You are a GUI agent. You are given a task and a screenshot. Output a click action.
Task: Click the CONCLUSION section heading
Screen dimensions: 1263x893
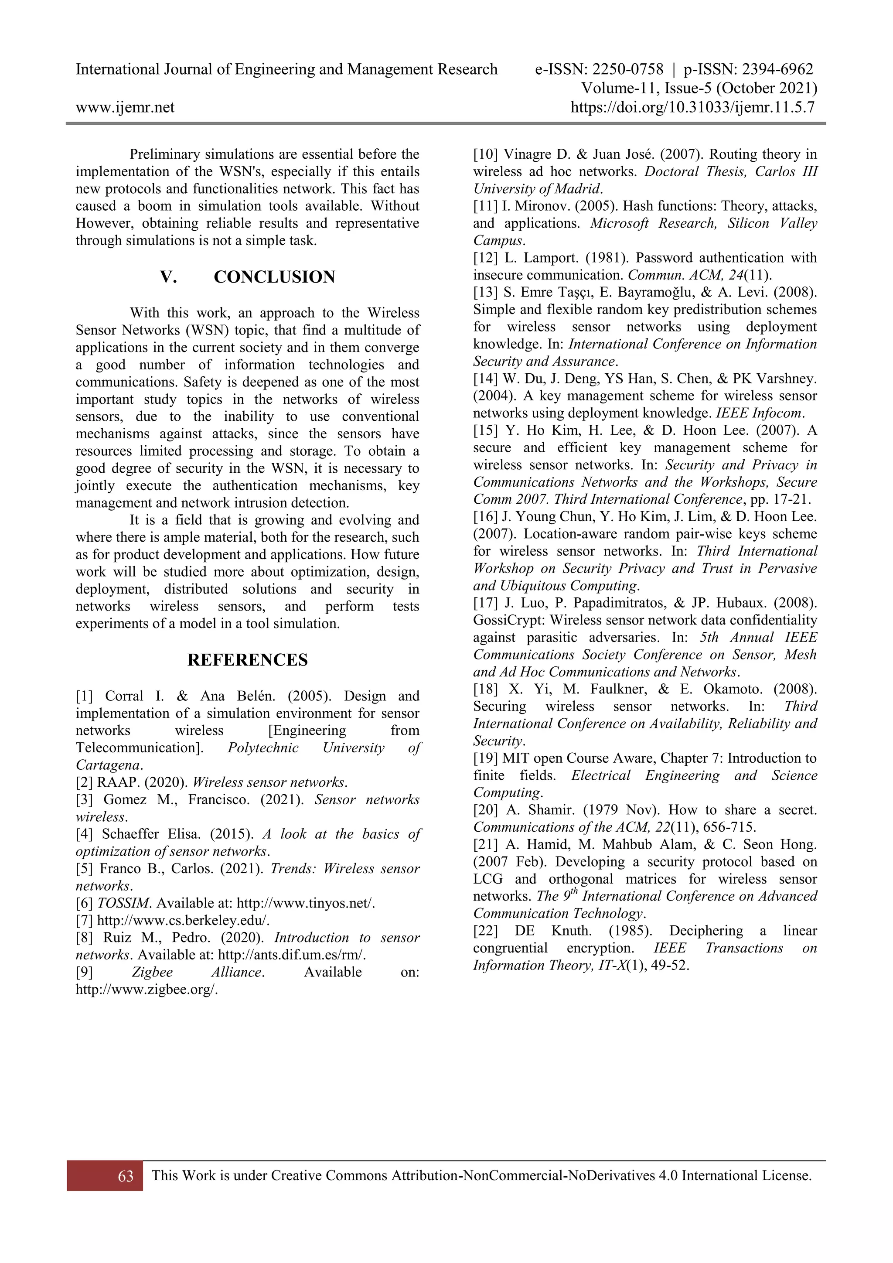(x=274, y=277)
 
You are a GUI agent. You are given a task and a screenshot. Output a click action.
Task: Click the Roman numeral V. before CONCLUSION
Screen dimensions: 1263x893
(x=168, y=277)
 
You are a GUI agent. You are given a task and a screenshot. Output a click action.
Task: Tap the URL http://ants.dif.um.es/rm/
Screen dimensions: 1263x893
(x=292, y=955)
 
